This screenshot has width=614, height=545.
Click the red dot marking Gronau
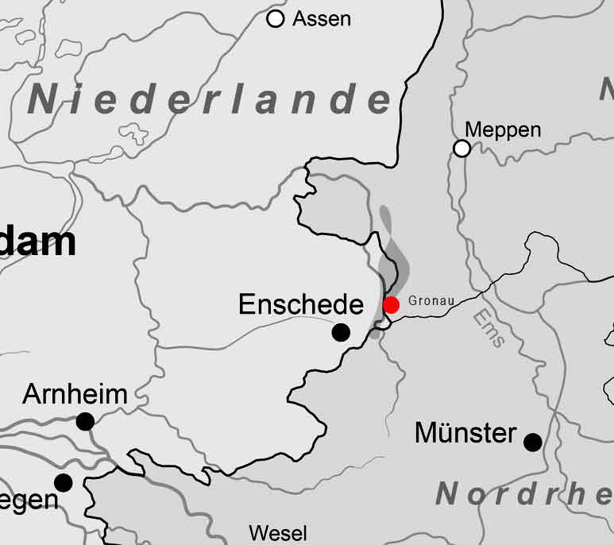(391, 305)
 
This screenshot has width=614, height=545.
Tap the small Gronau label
(431, 302)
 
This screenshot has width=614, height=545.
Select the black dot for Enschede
(341, 333)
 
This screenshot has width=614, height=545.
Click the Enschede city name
(300, 304)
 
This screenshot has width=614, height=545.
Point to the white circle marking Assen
(276, 19)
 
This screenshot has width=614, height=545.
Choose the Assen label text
(322, 19)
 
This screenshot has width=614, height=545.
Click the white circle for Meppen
(461, 148)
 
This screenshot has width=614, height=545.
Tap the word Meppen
(503, 129)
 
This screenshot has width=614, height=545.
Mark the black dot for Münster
(533, 442)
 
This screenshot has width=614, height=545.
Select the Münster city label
(465, 434)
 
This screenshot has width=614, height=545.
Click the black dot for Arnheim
(85, 421)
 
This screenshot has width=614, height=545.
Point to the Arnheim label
(75, 394)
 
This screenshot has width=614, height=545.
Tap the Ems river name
(488, 328)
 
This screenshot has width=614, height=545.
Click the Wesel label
(278, 532)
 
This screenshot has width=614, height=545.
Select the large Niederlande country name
(210, 99)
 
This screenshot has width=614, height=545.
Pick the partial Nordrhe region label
(524, 494)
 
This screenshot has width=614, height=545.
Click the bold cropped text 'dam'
(38, 241)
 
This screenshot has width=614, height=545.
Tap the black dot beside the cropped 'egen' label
(63, 482)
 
